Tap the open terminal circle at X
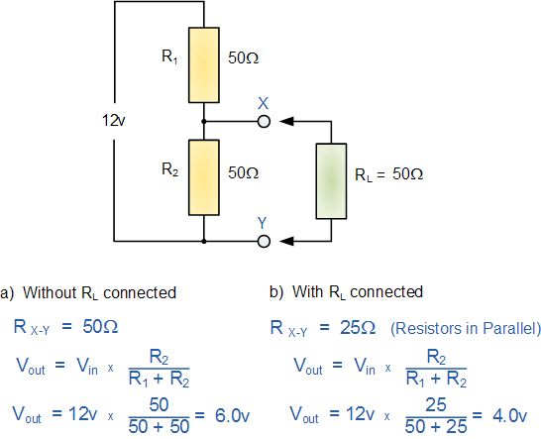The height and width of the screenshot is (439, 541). [263, 122]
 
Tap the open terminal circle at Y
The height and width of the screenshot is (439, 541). [263, 241]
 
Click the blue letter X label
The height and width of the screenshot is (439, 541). [263, 103]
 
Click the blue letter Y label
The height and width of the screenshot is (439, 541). [263, 222]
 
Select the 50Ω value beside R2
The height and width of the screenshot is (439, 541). [243, 172]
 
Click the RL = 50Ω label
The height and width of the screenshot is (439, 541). [388, 174]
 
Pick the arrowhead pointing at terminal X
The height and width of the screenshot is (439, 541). [287, 122]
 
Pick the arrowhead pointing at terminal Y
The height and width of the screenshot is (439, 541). [287, 241]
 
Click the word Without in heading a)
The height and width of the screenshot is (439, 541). [49, 292]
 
